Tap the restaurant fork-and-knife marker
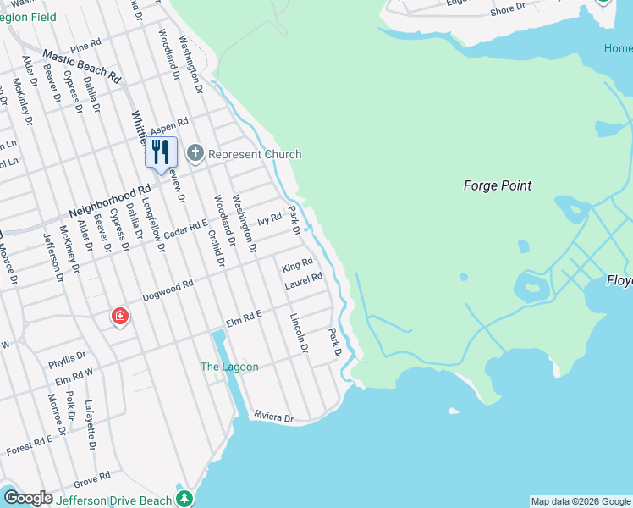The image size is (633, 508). point(161,152)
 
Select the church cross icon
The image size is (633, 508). point(195,153)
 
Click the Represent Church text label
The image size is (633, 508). point(255,154)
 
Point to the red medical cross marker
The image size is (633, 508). point(120,317)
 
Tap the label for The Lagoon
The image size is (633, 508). point(228,367)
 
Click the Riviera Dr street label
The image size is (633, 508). point(273,417)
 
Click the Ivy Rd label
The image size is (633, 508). point(269,218)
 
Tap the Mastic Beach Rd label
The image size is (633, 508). point(82,65)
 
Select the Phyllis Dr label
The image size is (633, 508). point(67,356)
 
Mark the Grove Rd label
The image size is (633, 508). point(92,479)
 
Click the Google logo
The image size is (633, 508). point(28,499)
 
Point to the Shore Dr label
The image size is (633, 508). point(508,8)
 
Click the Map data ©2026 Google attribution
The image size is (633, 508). point(581,501)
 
